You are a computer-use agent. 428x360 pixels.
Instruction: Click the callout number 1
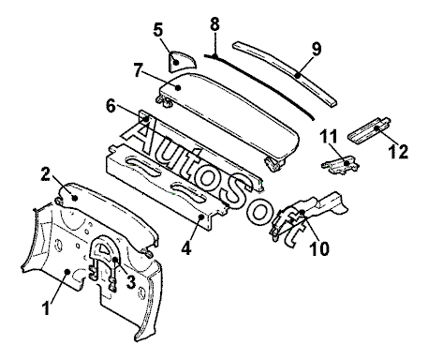[x=46, y=307]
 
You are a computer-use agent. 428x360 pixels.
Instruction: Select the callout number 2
[x=46, y=174]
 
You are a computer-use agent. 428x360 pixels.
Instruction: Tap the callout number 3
[x=130, y=282]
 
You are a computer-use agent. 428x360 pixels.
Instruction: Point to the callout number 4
[x=186, y=248]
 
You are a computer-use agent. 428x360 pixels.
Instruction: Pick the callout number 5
[x=158, y=30]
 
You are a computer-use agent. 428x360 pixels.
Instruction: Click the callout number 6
[x=111, y=106]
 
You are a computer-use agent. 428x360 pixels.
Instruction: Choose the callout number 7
[x=139, y=70]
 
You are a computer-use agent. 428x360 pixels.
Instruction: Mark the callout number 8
[x=214, y=23]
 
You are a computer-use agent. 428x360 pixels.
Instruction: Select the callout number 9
[x=317, y=49]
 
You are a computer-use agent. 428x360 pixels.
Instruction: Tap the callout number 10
[x=319, y=248]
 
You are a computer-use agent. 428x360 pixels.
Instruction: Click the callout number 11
[x=329, y=137]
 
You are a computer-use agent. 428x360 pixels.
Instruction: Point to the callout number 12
[x=398, y=152]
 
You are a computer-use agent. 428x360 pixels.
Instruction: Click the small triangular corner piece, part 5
[x=181, y=62]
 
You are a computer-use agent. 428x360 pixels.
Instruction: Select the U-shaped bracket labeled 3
[x=104, y=262]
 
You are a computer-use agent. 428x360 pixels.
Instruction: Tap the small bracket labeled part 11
[x=340, y=164]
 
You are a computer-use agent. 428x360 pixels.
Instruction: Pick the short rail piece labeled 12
[x=369, y=130]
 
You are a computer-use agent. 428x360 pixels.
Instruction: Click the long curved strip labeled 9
[x=286, y=73]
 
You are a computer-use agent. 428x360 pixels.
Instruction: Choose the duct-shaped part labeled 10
[x=307, y=216]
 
